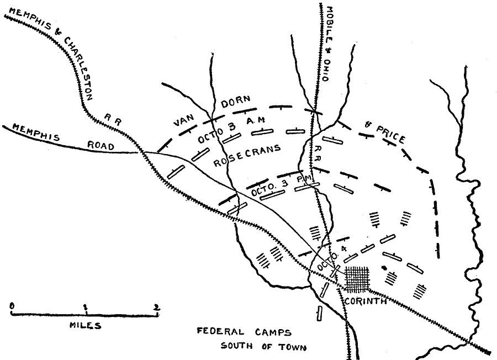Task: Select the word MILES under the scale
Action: [85, 325]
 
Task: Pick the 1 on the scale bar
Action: [84, 306]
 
